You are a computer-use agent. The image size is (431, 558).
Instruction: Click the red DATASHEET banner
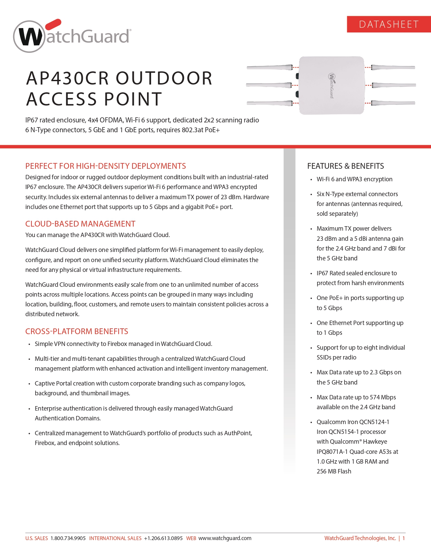coord(389,24)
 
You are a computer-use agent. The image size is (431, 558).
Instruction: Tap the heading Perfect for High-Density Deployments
coord(105,166)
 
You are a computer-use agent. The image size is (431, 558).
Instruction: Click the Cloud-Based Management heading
coord(80,224)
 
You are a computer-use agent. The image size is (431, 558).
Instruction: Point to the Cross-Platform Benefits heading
coord(77,331)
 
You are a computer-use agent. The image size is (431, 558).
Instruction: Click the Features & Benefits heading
coord(345,166)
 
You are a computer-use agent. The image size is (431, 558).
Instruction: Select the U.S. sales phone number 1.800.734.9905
coord(68,538)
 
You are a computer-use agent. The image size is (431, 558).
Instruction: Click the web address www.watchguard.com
coord(225,538)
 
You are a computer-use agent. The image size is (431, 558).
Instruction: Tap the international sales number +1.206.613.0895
coord(163,538)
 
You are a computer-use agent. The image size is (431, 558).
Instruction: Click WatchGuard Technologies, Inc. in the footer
coord(360,538)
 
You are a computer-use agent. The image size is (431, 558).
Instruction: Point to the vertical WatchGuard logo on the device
coord(332,86)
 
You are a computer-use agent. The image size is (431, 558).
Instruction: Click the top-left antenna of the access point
coord(270,67)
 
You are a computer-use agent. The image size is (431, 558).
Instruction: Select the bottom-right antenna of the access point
coord(393,103)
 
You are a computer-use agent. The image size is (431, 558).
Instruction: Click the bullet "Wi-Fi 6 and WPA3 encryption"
coord(354,179)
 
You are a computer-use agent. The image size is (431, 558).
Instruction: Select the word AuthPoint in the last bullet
coord(238,433)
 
